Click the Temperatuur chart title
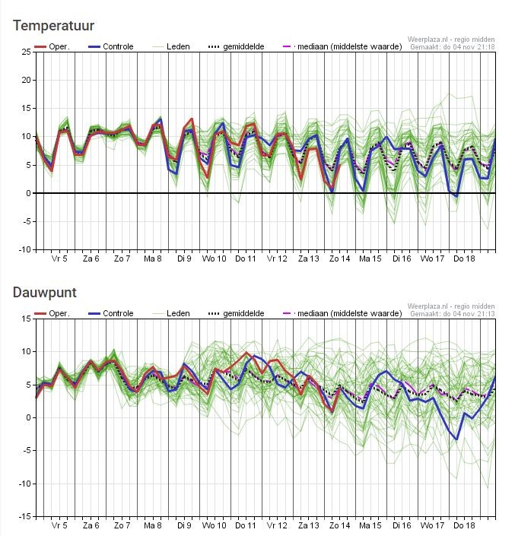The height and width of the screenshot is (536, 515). pyautogui.click(x=53, y=26)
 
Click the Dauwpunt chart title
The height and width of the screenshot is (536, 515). pyautogui.click(x=44, y=293)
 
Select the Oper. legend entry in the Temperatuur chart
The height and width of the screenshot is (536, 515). pyautogui.click(x=52, y=46)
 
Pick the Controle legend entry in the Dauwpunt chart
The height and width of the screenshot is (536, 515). pyautogui.click(x=111, y=313)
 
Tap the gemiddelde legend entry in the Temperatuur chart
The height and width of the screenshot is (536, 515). pyautogui.click(x=237, y=46)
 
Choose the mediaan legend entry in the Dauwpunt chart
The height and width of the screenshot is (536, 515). pyautogui.click(x=343, y=313)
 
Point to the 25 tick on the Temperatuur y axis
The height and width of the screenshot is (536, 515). pyautogui.click(x=27, y=52)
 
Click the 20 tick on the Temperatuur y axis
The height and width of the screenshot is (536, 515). pyautogui.click(x=27, y=81)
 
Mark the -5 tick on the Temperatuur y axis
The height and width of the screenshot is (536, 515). pyautogui.click(x=26, y=221)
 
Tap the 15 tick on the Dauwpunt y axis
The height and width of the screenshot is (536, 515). pyautogui.click(x=27, y=319)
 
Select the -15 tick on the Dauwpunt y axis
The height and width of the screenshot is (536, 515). pyautogui.click(x=24, y=516)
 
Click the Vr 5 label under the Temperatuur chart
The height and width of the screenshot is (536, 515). pyautogui.click(x=59, y=258)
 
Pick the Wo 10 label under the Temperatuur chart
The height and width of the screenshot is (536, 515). pyautogui.click(x=214, y=258)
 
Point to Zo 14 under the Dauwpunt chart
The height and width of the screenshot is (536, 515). pyautogui.click(x=339, y=525)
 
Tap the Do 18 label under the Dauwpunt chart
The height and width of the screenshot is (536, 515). pyautogui.click(x=464, y=525)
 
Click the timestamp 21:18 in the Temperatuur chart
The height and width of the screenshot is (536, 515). pyautogui.click(x=487, y=47)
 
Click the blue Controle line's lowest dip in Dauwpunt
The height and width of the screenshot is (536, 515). pyautogui.click(x=456, y=439)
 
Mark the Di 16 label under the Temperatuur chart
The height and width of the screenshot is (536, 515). pyautogui.click(x=402, y=258)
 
